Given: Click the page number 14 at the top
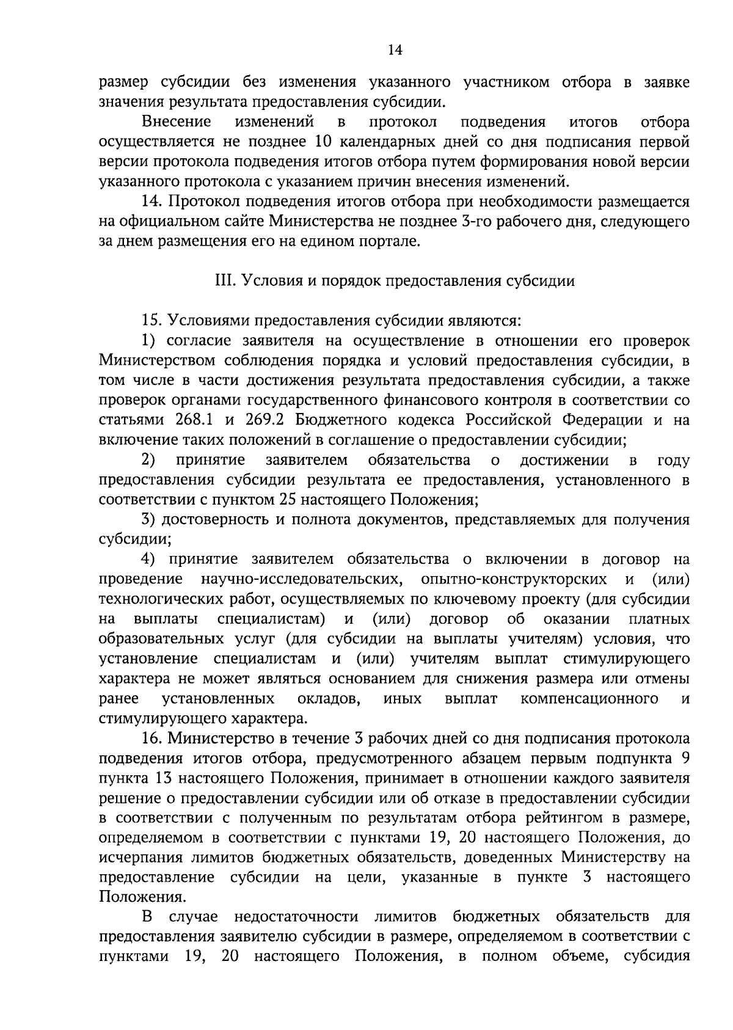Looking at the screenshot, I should (x=394, y=51).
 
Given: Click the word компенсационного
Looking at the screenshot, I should (x=589, y=698).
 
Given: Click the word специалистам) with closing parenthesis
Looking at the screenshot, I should (x=270, y=619).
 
